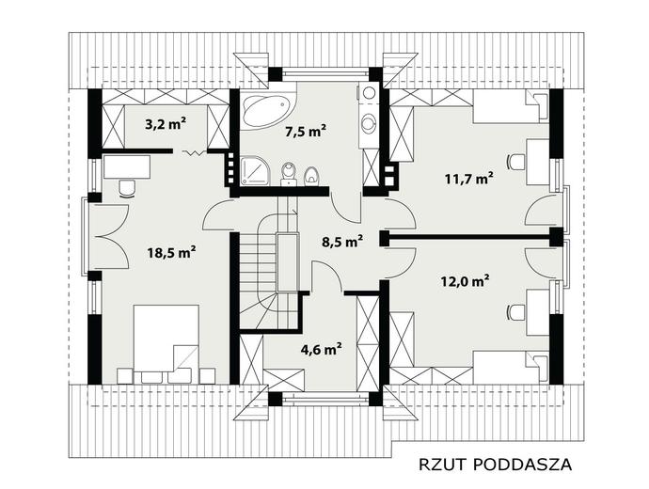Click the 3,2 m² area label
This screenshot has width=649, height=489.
coord(166,124)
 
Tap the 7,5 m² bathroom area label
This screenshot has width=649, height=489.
coord(306,132)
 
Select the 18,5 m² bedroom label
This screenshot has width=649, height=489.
coord(172,252)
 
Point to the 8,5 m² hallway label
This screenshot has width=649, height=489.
coord(342,241)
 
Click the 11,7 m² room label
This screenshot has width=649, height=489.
coord(469,179)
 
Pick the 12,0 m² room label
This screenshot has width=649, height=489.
coord(465,282)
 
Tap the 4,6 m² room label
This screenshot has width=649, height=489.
coord(321,350)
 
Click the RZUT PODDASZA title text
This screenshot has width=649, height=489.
coord(496,465)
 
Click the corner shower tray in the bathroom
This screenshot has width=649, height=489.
coord(255,170)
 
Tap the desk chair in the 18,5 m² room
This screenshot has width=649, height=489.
coord(127,188)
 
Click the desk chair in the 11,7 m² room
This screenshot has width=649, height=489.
coord(515,162)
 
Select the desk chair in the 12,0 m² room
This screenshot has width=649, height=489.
coord(515,313)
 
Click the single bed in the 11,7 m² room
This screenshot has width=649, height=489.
coord(512,106)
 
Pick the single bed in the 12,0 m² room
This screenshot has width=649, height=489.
coord(512,368)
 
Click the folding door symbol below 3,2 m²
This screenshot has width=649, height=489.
coord(194,153)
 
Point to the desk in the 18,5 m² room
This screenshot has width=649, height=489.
coord(127,167)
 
